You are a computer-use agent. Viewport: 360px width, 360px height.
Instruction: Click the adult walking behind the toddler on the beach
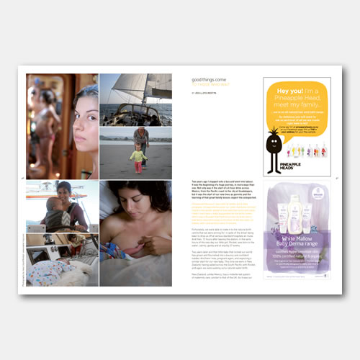point(142,140)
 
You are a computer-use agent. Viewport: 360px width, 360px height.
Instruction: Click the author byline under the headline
point(205,92)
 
